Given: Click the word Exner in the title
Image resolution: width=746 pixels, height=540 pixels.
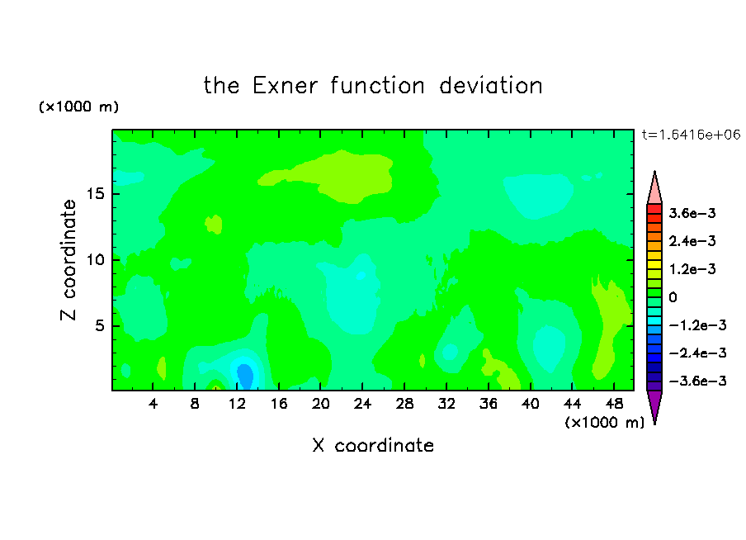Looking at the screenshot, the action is point(285,86).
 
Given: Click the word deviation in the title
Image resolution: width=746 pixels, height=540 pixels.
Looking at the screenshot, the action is point(490,86).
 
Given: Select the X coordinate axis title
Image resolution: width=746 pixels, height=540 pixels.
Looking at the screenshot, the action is point(373,445).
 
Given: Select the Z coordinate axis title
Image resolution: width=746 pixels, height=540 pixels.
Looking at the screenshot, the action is point(68,260).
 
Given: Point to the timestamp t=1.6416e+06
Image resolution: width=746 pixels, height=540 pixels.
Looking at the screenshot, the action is point(692,135).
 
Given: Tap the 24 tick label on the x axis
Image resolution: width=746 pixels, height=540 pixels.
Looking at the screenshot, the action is point(362,404).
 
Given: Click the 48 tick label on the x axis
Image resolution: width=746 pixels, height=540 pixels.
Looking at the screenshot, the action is point(614,404).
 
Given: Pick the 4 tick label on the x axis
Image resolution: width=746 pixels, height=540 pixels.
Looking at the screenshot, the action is point(153,404).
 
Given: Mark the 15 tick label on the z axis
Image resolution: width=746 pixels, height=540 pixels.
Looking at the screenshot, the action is point(96,194).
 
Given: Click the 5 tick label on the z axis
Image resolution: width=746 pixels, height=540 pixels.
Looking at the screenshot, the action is point(100,325).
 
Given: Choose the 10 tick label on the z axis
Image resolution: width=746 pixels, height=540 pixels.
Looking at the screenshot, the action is point(96,260).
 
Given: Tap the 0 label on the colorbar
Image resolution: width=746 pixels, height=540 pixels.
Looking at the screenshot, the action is point(673,297).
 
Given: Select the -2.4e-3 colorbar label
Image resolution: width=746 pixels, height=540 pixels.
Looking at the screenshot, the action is point(697,353).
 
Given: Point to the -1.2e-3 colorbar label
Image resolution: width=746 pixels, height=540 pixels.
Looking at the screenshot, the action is point(697,325).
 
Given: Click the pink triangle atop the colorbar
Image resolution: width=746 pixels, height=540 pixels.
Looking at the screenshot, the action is point(654,190).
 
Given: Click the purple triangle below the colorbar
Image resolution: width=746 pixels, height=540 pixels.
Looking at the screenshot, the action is point(654,405).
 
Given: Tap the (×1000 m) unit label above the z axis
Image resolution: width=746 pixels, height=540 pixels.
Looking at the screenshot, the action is point(78,107).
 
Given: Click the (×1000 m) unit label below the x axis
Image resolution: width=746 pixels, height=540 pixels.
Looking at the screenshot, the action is point(604,423).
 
